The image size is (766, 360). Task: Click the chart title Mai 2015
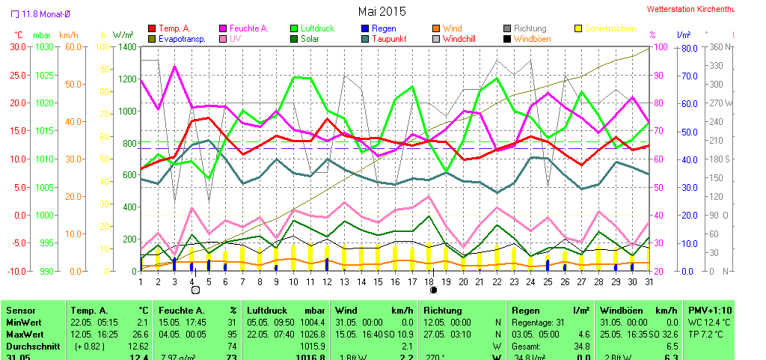coord(382,11)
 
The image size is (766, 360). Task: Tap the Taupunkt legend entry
coord(388,39)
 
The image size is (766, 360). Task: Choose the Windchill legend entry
coord(464,39)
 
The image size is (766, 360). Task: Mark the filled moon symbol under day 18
coord(432,290)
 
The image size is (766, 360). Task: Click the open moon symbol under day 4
coord(194,290)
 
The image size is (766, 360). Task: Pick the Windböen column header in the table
coord(621,310)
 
